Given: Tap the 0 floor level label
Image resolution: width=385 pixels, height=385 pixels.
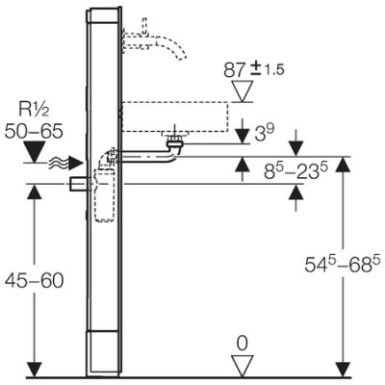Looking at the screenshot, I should (245, 342).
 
